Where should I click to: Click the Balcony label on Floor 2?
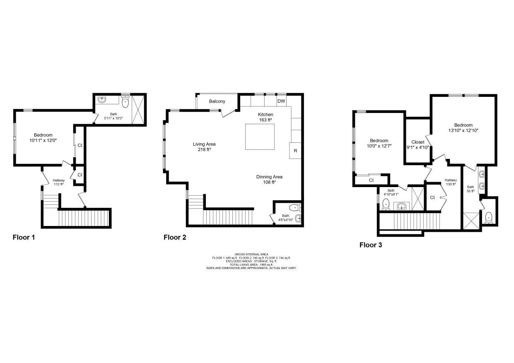(x=217, y=101)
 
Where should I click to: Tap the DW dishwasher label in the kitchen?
(x=281, y=101)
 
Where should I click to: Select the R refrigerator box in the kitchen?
(x=295, y=151)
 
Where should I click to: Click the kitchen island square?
(x=260, y=137)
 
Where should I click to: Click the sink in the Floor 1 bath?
(x=102, y=100)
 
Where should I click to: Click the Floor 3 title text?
(x=371, y=245)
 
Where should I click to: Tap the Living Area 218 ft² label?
(x=204, y=147)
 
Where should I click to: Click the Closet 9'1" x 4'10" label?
(x=417, y=144)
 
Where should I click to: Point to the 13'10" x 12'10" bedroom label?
(x=463, y=128)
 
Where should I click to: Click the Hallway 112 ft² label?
(x=58, y=182)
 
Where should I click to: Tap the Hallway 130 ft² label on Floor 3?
(x=451, y=182)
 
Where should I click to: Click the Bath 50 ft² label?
(x=471, y=189)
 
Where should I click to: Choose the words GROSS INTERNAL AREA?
(x=251, y=254)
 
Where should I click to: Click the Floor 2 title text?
(x=175, y=237)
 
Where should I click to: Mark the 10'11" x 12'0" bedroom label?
(x=43, y=138)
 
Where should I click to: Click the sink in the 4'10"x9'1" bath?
(x=401, y=206)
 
